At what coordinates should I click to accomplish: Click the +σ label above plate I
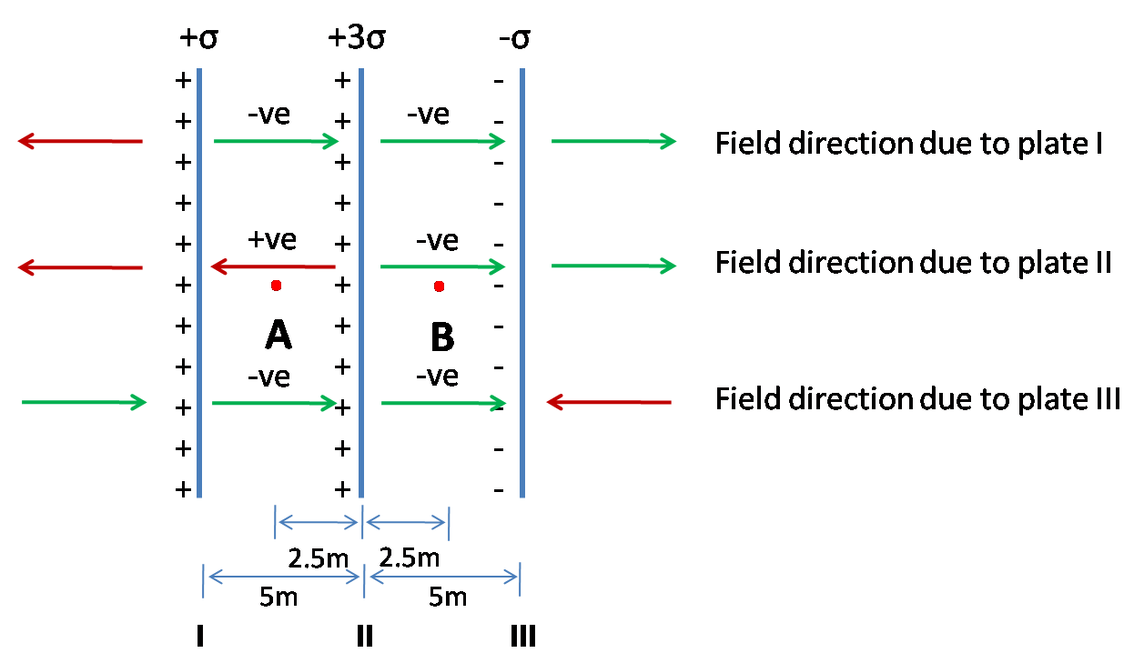[199, 41]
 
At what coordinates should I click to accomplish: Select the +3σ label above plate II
[357, 41]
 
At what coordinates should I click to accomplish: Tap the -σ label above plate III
[514, 41]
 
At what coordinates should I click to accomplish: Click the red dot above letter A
[276, 286]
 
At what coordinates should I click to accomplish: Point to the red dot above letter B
[439, 286]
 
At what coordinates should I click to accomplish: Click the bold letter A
[278, 337]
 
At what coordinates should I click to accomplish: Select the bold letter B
[441, 337]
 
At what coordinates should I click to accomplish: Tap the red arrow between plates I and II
[273, 266]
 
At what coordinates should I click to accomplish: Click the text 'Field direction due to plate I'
[908, 144]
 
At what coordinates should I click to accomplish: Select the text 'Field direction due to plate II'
[913, 262]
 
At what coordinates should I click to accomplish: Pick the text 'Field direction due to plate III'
[917, 399]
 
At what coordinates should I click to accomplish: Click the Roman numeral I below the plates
[199, 636]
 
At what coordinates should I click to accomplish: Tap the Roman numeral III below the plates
[522, 636]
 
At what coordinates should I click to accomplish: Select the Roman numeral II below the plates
[364, 636]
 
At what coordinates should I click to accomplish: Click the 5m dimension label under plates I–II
[279, 598]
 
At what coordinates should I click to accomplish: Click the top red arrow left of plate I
[80, 141]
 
